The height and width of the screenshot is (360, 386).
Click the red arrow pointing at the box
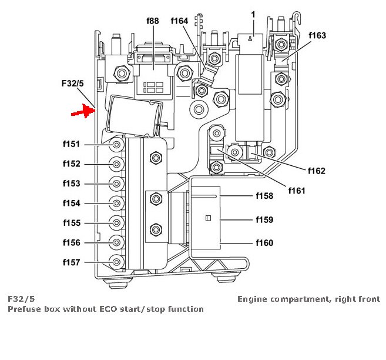tap(83, 111)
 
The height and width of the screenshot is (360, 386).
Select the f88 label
tap(152, 21)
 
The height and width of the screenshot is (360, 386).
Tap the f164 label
tap(180, 21)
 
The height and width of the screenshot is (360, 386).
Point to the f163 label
tap(317, 35)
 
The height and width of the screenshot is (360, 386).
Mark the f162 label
tap(316, 171)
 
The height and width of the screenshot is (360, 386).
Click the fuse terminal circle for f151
tap(117, 145)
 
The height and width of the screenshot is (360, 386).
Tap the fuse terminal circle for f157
tap(117, 262)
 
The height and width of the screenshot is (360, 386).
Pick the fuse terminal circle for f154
tap(117, 204)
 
